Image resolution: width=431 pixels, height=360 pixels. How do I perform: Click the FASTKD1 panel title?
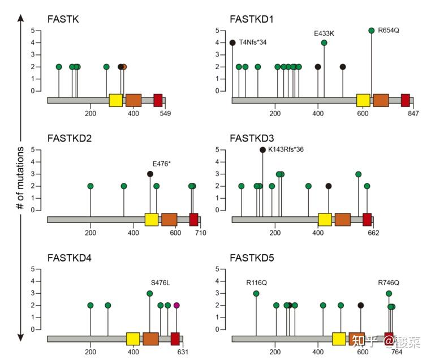(252, 19)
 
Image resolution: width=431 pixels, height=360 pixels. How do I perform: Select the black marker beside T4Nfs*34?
(232, 42)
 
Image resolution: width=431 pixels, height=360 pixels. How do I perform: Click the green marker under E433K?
(324, 42)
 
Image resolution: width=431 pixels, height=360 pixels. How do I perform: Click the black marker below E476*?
(150, 174)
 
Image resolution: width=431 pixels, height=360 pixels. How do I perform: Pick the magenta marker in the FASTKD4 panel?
(176, 305)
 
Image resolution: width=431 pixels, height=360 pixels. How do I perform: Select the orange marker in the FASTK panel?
(124, 67)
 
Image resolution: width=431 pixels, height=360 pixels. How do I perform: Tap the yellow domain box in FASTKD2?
(151, 220)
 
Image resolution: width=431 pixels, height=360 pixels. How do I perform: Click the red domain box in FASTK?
(158, 100)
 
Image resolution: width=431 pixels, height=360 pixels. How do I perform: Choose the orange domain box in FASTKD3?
(342, 220)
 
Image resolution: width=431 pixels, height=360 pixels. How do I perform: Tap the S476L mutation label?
(161, 282)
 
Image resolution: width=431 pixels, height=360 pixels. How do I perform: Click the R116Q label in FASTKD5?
(256, 282)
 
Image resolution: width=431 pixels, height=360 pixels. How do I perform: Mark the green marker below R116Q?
(256, 293)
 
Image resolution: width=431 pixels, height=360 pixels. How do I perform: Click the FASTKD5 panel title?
(252, 259)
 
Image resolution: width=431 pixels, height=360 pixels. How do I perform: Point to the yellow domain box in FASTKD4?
(133, 338)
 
